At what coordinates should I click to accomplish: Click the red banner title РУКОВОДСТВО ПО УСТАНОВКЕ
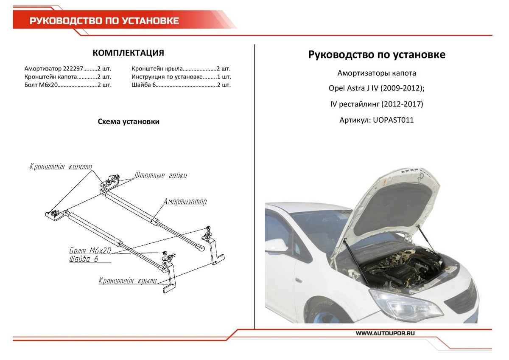104,21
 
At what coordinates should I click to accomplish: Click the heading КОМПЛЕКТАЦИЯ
128,53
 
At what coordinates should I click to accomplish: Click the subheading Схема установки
129,122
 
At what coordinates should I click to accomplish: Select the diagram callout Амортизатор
185,202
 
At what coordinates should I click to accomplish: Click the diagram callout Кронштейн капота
61,167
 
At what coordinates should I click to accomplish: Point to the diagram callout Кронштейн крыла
128,281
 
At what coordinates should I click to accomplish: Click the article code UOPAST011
393,120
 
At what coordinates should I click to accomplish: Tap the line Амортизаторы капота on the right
377,73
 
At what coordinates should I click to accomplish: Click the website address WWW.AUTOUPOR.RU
385,334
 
